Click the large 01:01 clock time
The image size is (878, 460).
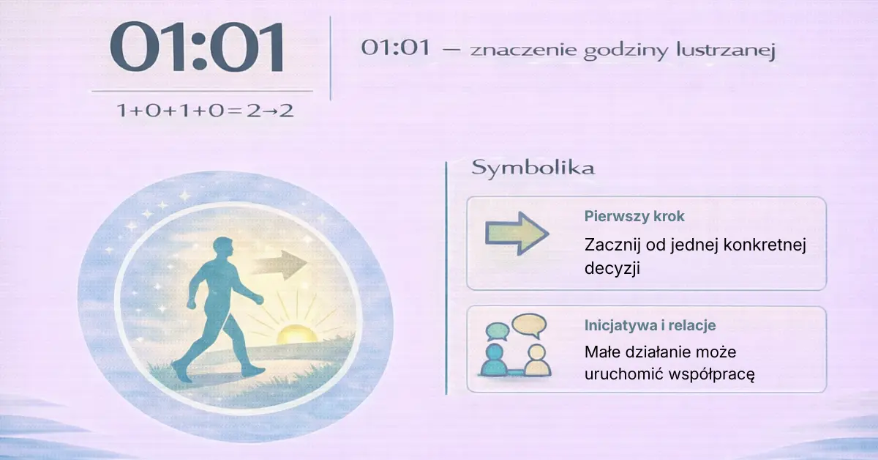197,47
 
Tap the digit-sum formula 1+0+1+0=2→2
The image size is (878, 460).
205,111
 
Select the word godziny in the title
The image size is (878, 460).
625,51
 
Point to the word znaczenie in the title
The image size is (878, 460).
523,51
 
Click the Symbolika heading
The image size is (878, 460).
533,168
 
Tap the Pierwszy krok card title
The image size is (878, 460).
634,216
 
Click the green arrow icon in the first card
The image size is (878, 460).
517,234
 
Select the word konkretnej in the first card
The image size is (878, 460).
765,245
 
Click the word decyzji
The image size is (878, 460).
612,269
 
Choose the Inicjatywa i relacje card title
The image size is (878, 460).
650,325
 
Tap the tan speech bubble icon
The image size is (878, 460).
529,325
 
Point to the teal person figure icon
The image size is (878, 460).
495,360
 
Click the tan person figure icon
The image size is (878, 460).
537,360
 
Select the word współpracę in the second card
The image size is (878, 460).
711,374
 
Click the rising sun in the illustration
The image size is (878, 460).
297,334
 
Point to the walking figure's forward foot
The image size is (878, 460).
253,371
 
